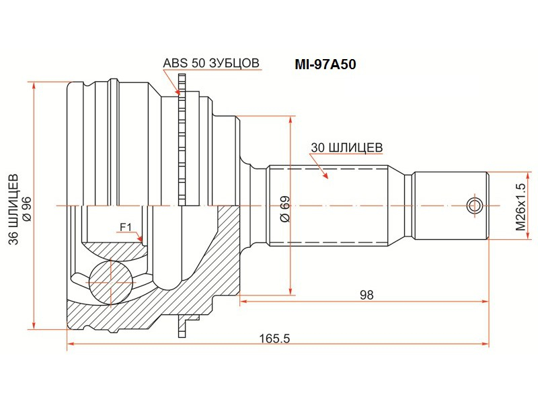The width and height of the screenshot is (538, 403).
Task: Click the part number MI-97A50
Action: pyautogui.click(x=325, y=64)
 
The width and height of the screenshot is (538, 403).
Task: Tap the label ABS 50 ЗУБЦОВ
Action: pyautogui.click(x=210, y=63)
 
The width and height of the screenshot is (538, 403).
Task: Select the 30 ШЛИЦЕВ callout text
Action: pyautogui.click(x=346, y=148)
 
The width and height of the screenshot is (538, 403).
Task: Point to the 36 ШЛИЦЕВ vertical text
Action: pyautogui.click(x=14, y=210)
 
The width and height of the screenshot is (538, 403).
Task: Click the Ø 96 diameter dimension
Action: pyautogui.click(x=27, y=209)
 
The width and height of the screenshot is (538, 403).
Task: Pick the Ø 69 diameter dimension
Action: pyautogui.click(x=284, y=209)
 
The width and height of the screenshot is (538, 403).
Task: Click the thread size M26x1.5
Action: pyautogui.click(x=520, y=207)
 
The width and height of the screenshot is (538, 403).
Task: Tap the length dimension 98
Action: pyautogui.click(x=367, y=295)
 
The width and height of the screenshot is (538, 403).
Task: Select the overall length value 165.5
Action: pyautogui.click(x=274, y=339)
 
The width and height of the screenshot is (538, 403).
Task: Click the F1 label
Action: pyautogui.click(x=126, y=227)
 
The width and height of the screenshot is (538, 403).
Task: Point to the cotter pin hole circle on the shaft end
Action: pyautogui.click(x=475, y=206)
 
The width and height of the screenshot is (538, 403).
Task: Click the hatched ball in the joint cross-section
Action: pyautogui.click(x=110, y=281)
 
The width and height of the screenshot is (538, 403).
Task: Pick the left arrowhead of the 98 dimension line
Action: pyautogui.click(x=243, y=302)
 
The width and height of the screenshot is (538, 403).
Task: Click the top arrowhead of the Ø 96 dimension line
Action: pyautogui.click(x=34, y=86)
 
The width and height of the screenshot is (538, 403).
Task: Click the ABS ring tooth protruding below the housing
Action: pyautogui.click(x=182, y=326)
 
